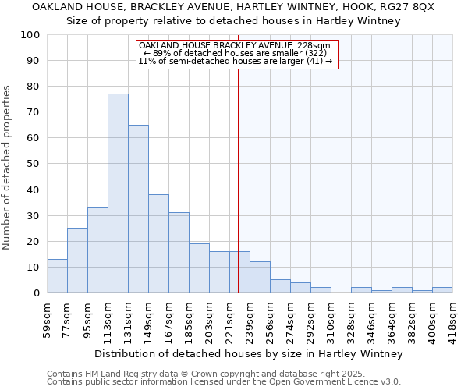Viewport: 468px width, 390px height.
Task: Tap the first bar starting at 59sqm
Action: click(57, 276)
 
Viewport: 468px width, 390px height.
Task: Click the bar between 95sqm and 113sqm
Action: click(97, 250)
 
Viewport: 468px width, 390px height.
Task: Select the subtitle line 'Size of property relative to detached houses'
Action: click(233, 21)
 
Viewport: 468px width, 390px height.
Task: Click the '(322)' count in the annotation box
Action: click(305, 53)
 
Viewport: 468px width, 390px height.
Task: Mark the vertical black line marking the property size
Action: click(239, 179)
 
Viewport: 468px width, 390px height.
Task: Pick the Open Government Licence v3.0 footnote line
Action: click(224, 382)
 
